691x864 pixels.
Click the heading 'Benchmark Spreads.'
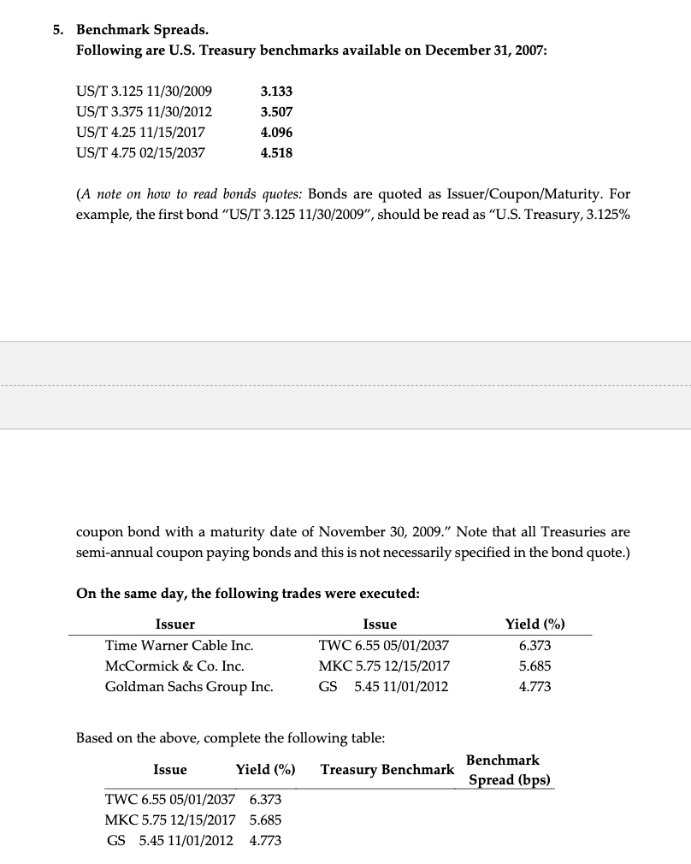142,29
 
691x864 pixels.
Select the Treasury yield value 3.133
276,92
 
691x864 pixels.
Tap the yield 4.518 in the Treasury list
276,153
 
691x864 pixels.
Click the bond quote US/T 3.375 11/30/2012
144,112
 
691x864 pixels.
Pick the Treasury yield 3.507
276,112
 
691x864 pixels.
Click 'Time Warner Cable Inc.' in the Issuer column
179,646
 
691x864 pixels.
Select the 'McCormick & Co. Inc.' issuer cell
174,666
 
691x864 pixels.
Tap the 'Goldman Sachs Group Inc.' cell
189,687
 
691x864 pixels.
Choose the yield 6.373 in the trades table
535,646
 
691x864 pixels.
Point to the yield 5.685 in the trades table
535,666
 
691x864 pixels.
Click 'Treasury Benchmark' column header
387,770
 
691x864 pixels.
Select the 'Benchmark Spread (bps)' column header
508,770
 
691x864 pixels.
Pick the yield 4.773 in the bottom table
265,841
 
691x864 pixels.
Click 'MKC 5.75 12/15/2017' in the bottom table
169,820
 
